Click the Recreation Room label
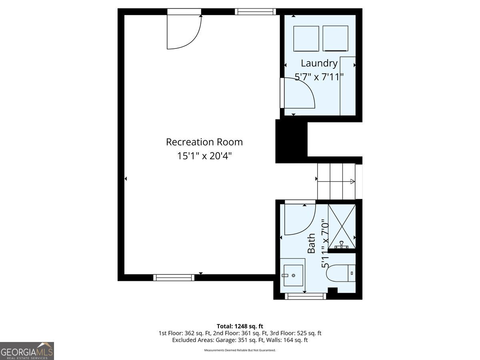pyautogui.click(x=204, y=142)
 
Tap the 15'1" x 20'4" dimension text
pyautogui.click(x=204, y=156)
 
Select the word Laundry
pyautogui.click(x=319, y=64)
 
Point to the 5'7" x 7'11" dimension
pyautogui.click(x=319, y=77)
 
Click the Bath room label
pyautogui.click(x=311, y=243)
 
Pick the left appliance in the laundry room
pyautogui.click(x=306, y=39)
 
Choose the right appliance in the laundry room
pyautogui.click(x=335, y=38)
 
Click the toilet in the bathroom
pyautogui.click(x=341, y=273)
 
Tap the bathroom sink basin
pyautogui.click(x=293, y=276)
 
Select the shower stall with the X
pyautogui.click(x=342, y=226)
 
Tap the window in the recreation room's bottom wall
pyautogui.click(x=174, y=278)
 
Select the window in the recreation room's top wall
pyautogui.click(x=255, y=12)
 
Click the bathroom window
pyautogui.click(x=305, y=296)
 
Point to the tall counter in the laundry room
pyautogui.click(x=348, y=86)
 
